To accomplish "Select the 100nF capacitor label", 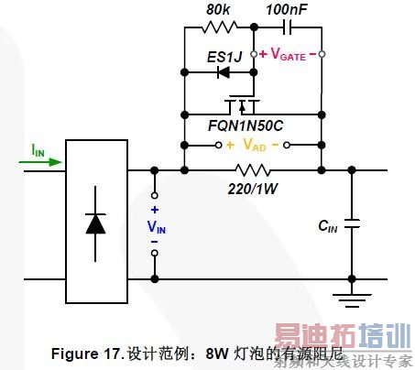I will (283, 11).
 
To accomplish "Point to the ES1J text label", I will (223, 56).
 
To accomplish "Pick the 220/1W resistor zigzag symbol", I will (252, 169).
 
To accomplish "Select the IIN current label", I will (38, 149).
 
